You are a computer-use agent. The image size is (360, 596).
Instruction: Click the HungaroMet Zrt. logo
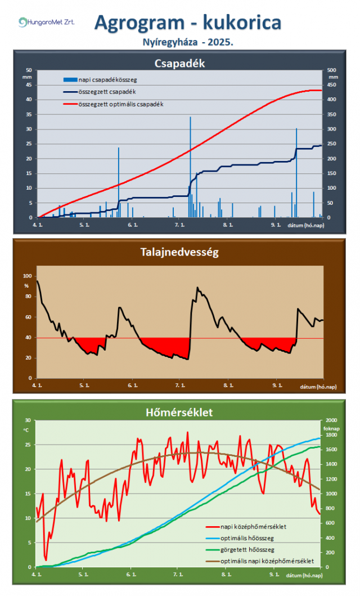(x=46, y=22)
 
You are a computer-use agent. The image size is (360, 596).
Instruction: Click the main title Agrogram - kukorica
(x=188, y=23)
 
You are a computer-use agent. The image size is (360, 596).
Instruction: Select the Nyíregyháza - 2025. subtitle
(x=188, y=42)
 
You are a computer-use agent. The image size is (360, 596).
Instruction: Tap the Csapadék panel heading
(x=179, y=63)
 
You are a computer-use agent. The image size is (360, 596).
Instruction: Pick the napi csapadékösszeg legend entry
(x=105, y=79)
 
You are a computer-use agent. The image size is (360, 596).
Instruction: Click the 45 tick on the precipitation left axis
(x=29, y=85)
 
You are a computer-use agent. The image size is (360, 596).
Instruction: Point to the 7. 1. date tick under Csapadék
(x=180, y=225)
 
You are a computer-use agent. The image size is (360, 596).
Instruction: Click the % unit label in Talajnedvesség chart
(x=26, y=285)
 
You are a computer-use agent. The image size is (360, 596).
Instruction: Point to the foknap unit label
(x=332, y=427)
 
